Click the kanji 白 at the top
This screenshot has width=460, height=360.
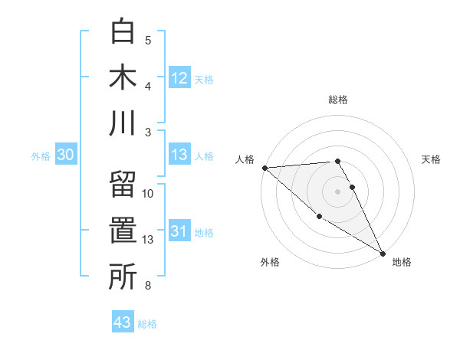pos(123,31)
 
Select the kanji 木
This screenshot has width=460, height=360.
pos(123,77)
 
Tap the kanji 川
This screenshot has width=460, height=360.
pos(123,123)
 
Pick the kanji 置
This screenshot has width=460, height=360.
pos(123,232)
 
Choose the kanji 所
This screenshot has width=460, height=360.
pos(123,277)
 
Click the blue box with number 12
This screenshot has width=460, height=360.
pos(179,78)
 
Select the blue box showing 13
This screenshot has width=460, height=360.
pos(179,155)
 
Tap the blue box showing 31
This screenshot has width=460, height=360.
pos(179,231)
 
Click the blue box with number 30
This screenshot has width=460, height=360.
pos(65,155)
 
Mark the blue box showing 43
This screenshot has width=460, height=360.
pos(123,322)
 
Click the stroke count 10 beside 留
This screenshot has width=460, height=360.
pos(149,194)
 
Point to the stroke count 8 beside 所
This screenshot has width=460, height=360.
pos(148,286)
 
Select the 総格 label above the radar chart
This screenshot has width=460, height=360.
pos(338,100)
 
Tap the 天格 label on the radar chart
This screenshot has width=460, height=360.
pos(432,159)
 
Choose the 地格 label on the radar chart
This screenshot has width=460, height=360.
pos(402,263)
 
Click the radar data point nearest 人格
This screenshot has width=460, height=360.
pos(264,167)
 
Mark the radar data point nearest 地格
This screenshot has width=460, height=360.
pos(383,253)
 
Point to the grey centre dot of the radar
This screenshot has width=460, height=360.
pos(337,191)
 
